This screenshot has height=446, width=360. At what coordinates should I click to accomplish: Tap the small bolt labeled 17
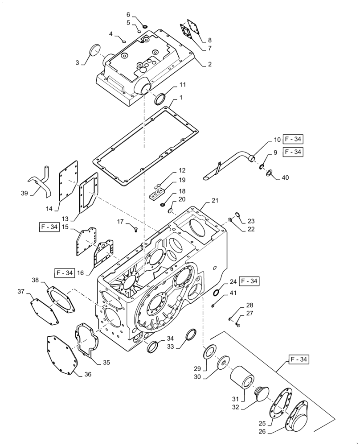click(x=135, y=229)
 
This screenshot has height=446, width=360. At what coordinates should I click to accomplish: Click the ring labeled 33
click(x=192, y=334)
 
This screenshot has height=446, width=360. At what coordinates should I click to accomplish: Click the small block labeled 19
click(x=157, y=195)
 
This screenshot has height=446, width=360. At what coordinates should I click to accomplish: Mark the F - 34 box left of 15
click(x=48, y=227)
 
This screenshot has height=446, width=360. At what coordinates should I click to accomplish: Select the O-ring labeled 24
click(x=216, y=293)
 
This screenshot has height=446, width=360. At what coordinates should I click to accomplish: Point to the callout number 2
click(x=209, y=64)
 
